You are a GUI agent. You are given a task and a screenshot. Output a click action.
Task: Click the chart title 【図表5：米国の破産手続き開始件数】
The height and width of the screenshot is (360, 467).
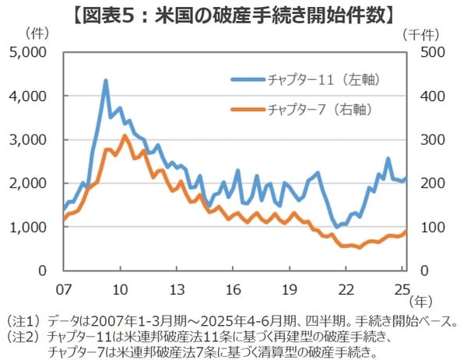point(233,13)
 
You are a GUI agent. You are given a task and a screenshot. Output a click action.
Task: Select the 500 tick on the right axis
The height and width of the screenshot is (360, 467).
point(430,52)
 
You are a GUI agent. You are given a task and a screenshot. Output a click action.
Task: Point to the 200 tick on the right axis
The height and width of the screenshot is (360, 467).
point(430,183)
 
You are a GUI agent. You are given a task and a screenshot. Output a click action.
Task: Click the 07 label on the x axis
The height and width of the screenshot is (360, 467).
point(63,289)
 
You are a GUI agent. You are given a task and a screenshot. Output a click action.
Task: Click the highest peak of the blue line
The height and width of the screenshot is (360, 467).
point(105,80)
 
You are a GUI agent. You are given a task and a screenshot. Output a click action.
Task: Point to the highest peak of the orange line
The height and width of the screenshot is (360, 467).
point(124,136)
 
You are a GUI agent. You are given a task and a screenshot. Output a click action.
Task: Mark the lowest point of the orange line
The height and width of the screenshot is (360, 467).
point(359,247)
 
